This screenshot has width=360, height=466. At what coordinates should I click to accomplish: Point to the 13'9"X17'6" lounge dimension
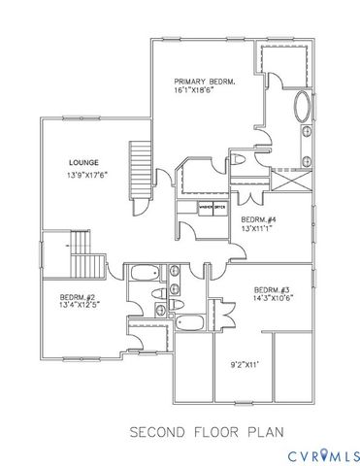(84, 175)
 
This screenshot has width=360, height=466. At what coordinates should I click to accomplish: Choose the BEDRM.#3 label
(273, 290)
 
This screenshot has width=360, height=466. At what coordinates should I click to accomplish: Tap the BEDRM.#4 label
(259, 220)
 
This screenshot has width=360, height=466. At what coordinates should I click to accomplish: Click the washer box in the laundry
(206, 208)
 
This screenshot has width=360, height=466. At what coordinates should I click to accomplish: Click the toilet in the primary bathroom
(240, 160)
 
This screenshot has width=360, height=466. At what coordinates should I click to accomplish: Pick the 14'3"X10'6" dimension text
(273, 300)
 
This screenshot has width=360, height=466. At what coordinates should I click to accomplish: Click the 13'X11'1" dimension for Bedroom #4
(259, 230)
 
